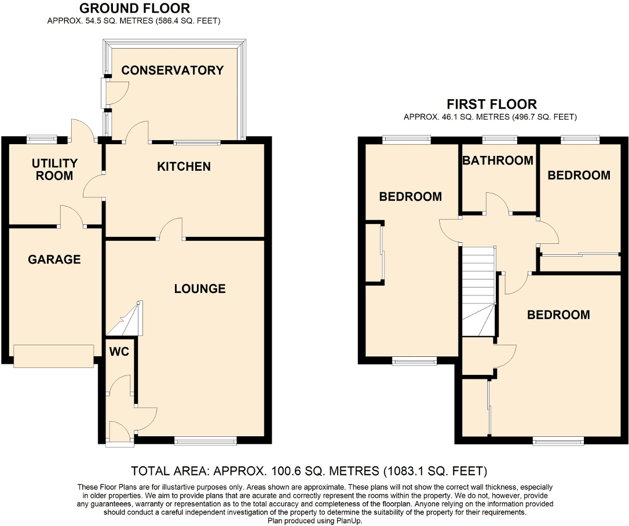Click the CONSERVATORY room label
pos(172,71)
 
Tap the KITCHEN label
pos(184,167)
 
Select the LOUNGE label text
pos(200,288)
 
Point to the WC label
pos(119,351)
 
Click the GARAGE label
pos(54,260)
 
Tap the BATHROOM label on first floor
pos(498,160)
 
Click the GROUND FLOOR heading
pos(134,9)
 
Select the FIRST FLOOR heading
pos(491,104)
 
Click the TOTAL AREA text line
pos(309,470)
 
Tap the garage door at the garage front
pos(53,356)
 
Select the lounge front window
pos(205,441)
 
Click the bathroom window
pos(500,139)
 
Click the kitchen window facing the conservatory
pos(198,142)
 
